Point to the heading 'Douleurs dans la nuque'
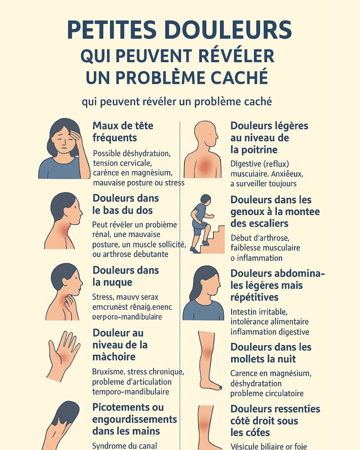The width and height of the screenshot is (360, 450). [x=125, y=276]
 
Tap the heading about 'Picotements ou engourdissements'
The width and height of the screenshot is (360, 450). [x=134, y=419]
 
